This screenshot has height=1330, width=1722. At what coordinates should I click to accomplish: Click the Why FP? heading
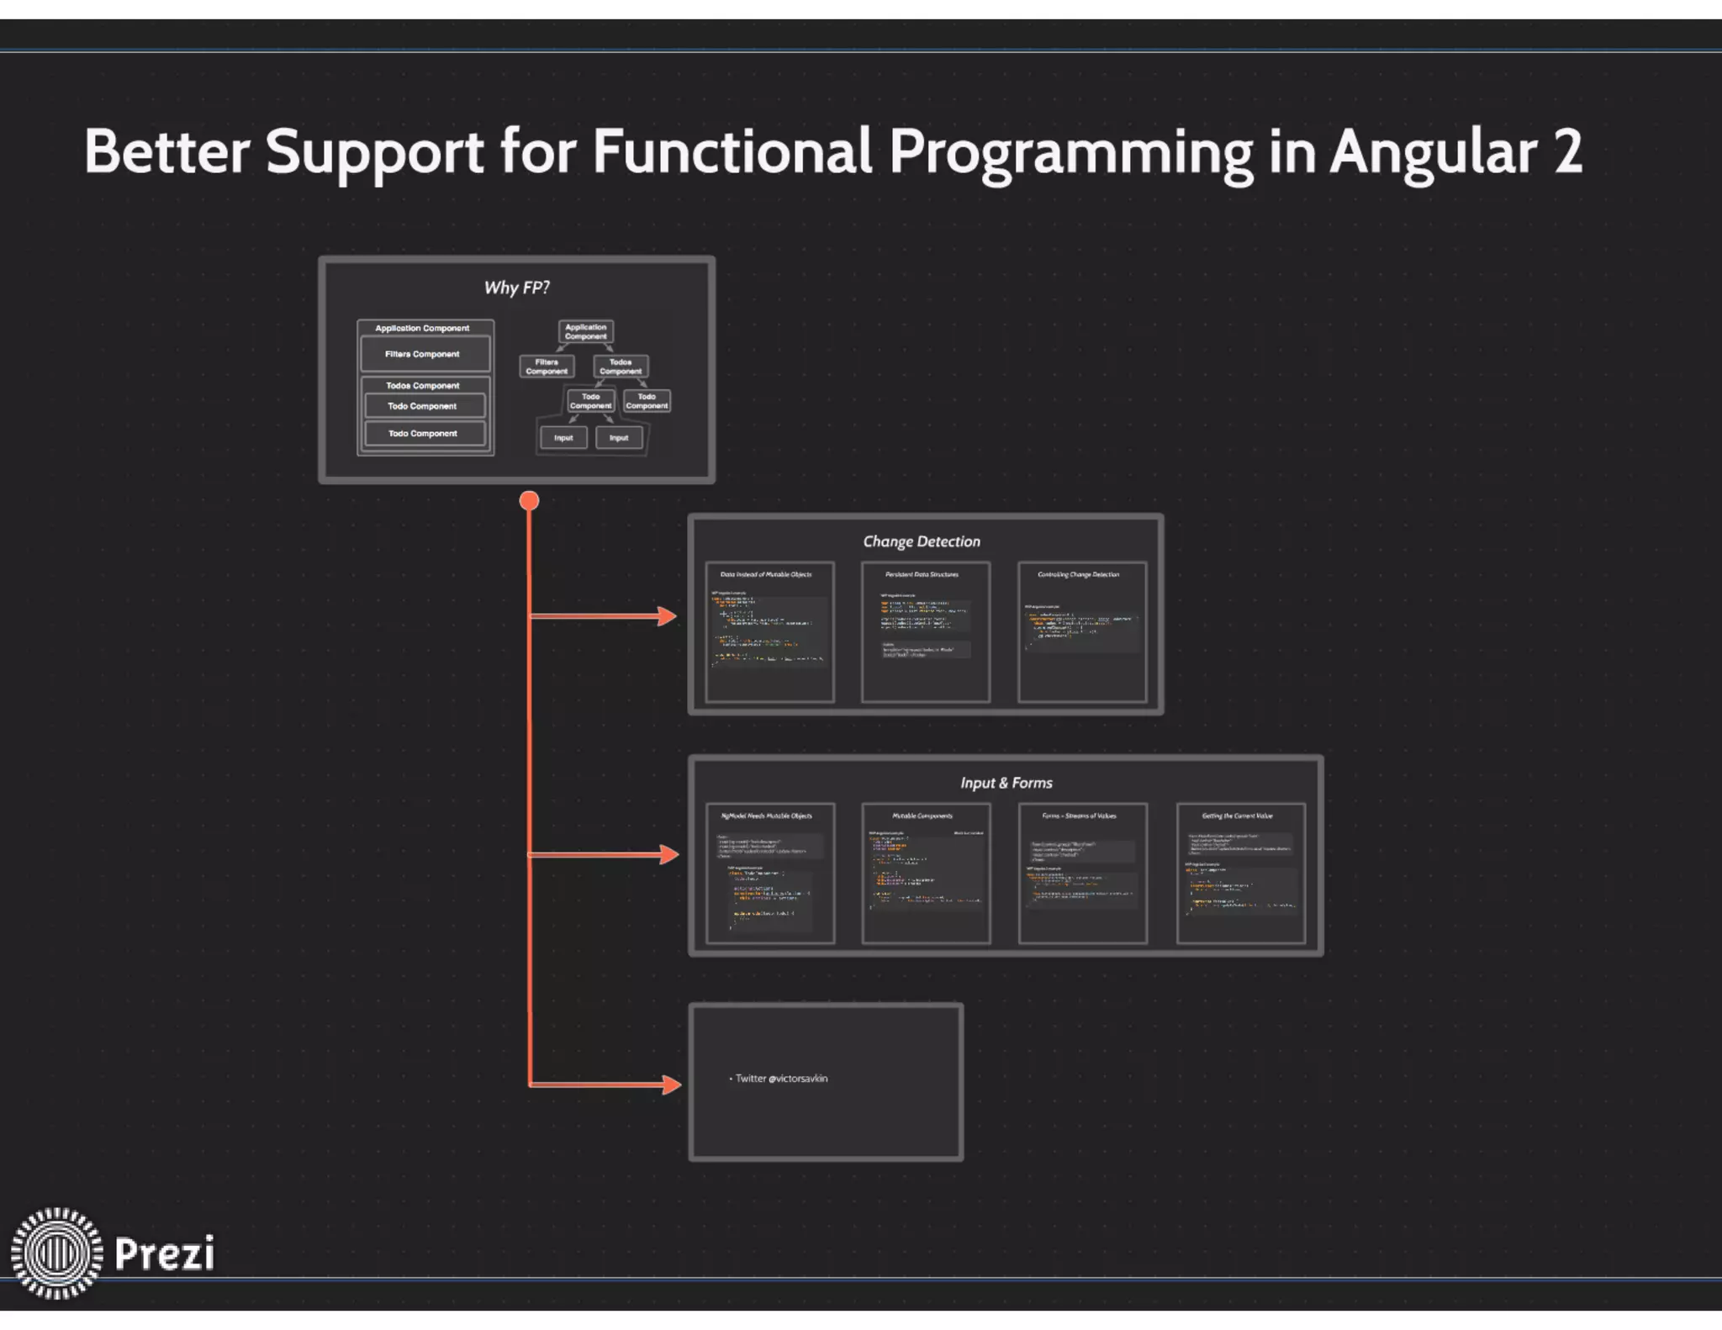(x=516, y=288)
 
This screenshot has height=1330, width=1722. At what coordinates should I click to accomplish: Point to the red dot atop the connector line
(x=529, y=501)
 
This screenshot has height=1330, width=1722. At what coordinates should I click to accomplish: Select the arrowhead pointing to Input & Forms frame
(x=669, y=855)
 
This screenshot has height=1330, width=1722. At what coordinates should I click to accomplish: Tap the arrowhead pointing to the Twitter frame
(x=671, y=1085)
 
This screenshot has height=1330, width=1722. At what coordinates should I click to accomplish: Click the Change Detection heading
(x=922, y=541)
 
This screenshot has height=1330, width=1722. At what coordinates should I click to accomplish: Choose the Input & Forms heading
(x=1006, y=783)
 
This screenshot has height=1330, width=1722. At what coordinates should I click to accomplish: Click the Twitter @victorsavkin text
(x=781, y=1079)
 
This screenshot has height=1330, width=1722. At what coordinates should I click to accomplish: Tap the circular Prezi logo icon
(x=56, y=1253)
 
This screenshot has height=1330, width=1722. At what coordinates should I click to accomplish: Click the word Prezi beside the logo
(x=164, y=1253)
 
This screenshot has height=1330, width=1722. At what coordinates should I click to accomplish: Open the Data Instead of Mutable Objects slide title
(x=766, y=574)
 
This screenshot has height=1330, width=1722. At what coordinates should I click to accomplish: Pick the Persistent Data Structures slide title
(x=922, y=574)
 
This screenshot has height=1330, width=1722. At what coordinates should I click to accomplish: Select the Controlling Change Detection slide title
(x=1078, y=574)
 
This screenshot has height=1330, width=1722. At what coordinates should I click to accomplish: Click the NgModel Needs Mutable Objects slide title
(x=766, y=815)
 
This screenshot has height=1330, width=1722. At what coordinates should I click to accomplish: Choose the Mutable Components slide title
(x=922, y=815)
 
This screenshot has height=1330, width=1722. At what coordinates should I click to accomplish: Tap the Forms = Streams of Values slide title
(x=1079, y=815)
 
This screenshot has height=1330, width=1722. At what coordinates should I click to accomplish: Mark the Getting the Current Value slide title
(x=1237, y=815)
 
